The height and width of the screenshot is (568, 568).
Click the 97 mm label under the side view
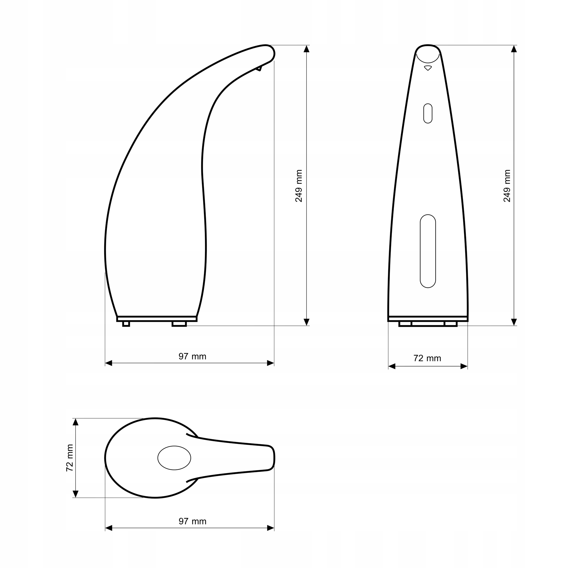click(192, 357)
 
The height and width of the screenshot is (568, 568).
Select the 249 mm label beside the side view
click(299, 186)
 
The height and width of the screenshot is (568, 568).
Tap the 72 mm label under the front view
click(427, 358)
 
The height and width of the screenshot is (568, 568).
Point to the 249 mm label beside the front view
click(507, 186)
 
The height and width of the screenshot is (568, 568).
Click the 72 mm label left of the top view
click(70, 458)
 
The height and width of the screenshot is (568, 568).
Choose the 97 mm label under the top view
click(192, 521)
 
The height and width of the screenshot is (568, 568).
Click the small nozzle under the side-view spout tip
click(259, 68)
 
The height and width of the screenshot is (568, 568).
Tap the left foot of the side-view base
click(126, 324)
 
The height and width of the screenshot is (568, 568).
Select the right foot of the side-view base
click(179, 324)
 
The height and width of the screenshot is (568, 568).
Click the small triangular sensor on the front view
click(428, 68)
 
